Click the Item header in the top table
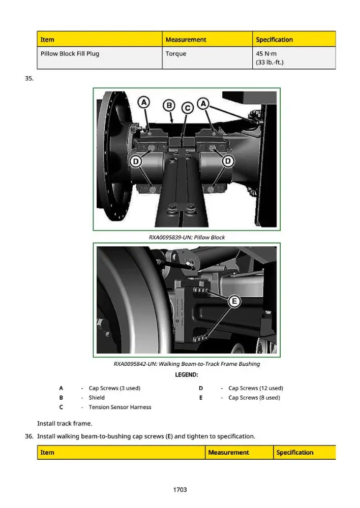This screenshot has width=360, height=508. tap(47, 40)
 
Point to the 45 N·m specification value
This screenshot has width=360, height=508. tap(266, 53)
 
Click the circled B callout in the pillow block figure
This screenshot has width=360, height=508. tap(169, 105)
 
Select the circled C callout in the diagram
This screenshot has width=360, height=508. tap(188, 108)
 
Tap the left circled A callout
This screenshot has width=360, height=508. tap(144, 103)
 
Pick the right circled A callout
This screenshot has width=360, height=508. tap(203, 104)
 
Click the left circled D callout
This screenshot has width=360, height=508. tap(136, 161)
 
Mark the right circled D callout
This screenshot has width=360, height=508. tap(228, 161)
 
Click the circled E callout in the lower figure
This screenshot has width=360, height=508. tap(234, 302)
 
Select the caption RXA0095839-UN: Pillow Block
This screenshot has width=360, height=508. tap(187, 237)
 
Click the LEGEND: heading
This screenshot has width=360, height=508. tap(187, 375)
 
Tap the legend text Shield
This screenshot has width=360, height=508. tap(97, 398)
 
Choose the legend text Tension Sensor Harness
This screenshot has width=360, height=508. tap(120, 407)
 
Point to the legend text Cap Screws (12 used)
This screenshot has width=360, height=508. tap(256, 388)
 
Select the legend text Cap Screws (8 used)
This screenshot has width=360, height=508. tap(254, 398)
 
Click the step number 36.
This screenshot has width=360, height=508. tap(29, 436)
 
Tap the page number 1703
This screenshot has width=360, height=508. tap(180, 490)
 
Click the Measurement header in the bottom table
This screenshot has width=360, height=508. tap(229, 452)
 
